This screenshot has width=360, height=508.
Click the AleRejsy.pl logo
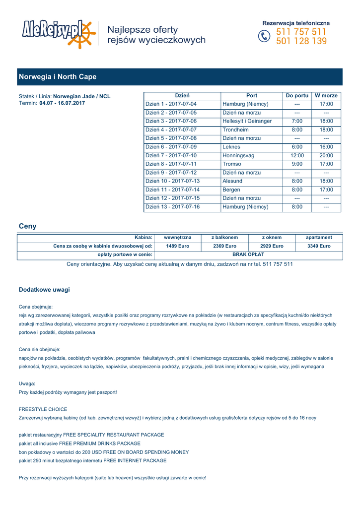58,33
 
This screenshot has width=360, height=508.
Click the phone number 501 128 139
301,41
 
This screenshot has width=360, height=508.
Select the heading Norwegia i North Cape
58,77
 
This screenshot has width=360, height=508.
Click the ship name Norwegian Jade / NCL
82,96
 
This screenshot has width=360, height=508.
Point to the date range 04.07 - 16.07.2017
62,103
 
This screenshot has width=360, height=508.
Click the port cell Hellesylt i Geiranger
247,121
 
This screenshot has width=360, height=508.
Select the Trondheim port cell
235,129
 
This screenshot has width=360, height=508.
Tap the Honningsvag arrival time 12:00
297,155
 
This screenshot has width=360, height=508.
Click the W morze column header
326,95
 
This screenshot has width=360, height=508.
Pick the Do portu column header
297,95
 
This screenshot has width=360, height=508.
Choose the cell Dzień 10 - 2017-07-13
172,181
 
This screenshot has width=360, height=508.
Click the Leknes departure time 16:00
326,147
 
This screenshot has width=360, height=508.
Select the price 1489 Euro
177,246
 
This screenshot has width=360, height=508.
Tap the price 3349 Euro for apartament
319,246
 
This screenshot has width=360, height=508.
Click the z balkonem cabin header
224,238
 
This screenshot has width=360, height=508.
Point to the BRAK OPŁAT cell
248,254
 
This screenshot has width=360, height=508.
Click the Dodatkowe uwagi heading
44,289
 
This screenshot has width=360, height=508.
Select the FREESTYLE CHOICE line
43,409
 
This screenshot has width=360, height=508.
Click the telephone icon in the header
264,36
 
